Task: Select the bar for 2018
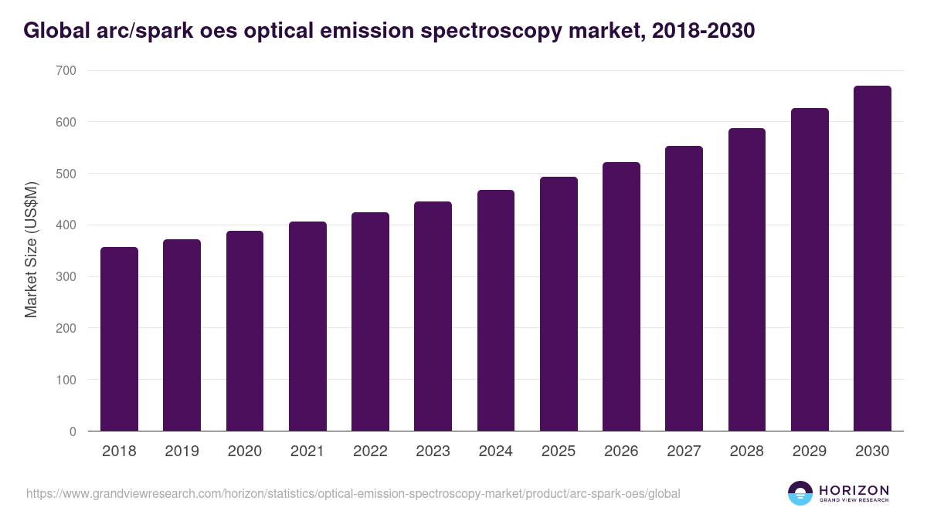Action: pyautogui.click(x=119, y=339)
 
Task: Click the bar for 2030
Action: pyautogui.click(x=872, y=259)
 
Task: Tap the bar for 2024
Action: pyautogui.click(x=496, y=310)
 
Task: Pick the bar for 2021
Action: pyautogui.click(x=307, y=326)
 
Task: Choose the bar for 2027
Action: pyautogui.click(x=684, y=289)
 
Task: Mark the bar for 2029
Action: pyautogui.click(x=810, y=269)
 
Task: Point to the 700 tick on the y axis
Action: pyautogui.click(x=66, y=70)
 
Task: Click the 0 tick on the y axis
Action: pyautogui.click(x=73, y=431)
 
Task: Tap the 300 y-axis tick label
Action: pyautogui.click(x=66, y=276)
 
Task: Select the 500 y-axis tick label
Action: pyautogui.click(x=66, y=174)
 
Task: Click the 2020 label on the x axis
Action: pyautogui.click(x=244, y=452)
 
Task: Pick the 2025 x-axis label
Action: pyautogui.click(x=559, y=452)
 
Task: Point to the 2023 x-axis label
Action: pyautogui.click(x=433, y=452)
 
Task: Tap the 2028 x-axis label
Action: pyautogui.click(x=746, y=452)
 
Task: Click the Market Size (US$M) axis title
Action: pyautogui.click(x=31, y=251)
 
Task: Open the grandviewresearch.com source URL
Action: pyautogui.click(x=353, y=493)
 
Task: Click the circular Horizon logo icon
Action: pyautogui.click(x=800, y=493)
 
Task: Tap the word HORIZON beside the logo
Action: pyautogui.click(x=854, y=489)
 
